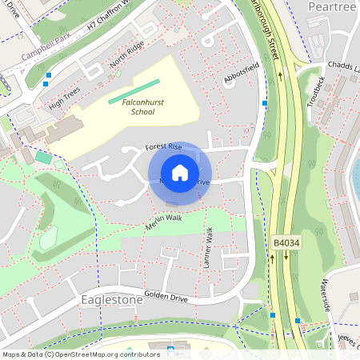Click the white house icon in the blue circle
[x=180, y=173]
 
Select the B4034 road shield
[x=286, y=241]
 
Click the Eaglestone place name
[x=111, y=299]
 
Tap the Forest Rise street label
[x=163, y=148]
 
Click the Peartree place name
[x=332, y=6]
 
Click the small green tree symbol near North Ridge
[x=118, y=74]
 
